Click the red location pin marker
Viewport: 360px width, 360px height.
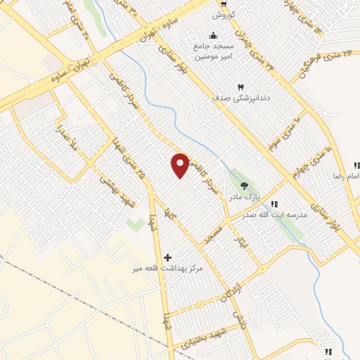pyautogui.click(x=181, y=165)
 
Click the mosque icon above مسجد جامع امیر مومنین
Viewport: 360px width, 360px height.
pyautogui.click(x=212, y=35)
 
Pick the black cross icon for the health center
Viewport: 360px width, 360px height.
pyautogui.click(x=167, y=257)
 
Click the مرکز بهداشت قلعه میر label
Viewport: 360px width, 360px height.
pyautogui.click(x=169, y=269)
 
